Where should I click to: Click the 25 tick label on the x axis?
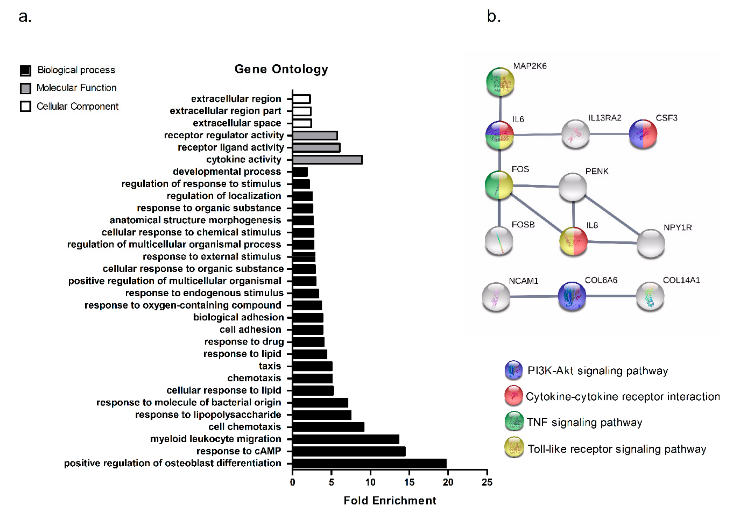coord(487,482)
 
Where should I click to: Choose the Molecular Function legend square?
coord(25,88)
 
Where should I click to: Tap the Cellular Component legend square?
coord(25,107)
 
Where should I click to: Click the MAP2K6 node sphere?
coord(500,82)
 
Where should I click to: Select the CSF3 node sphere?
coord(643,134)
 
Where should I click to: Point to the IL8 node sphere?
coord(573,241)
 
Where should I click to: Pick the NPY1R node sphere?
coord(651,244)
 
